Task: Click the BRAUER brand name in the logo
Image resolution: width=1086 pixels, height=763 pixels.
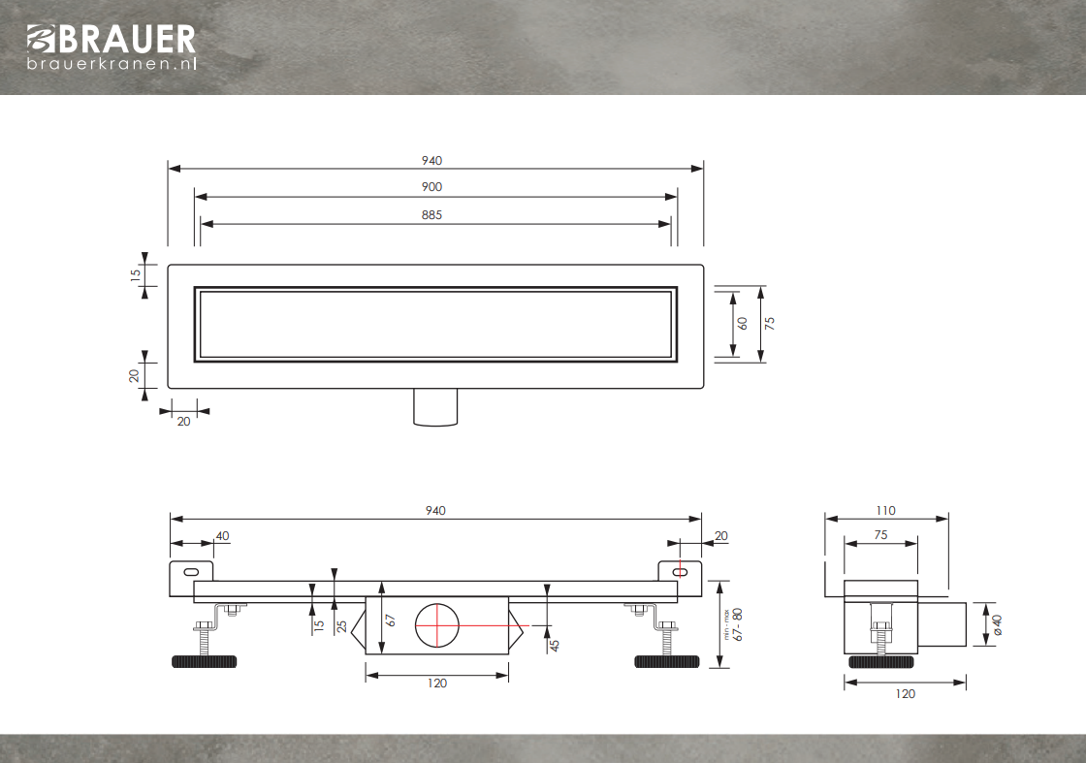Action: pyautogui.click(x=127, y=40)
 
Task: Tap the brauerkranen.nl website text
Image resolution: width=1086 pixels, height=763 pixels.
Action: pyautogui.click(x=112, y=64)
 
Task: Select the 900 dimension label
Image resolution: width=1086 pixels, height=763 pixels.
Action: pyautogui.click(x=431, y=187)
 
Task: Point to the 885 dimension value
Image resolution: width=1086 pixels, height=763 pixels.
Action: pyautogui.click(x=431, y=215)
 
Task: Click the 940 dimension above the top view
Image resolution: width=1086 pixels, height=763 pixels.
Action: pyautogui.click(x=431, y=161)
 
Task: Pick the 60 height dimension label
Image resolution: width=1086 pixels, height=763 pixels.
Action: pyautogui.click(x=743, y=324)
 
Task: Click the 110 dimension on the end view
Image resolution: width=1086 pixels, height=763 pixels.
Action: pyautogui.click(x=886, y=511)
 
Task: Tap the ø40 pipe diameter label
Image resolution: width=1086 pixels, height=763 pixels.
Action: pyautogui.click(x=997, y=625)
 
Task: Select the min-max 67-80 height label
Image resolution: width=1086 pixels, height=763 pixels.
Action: pyautogui.click(x=734, y=624)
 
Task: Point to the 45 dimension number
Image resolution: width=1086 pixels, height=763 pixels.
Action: pyautogui.click(x=554, y=646)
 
